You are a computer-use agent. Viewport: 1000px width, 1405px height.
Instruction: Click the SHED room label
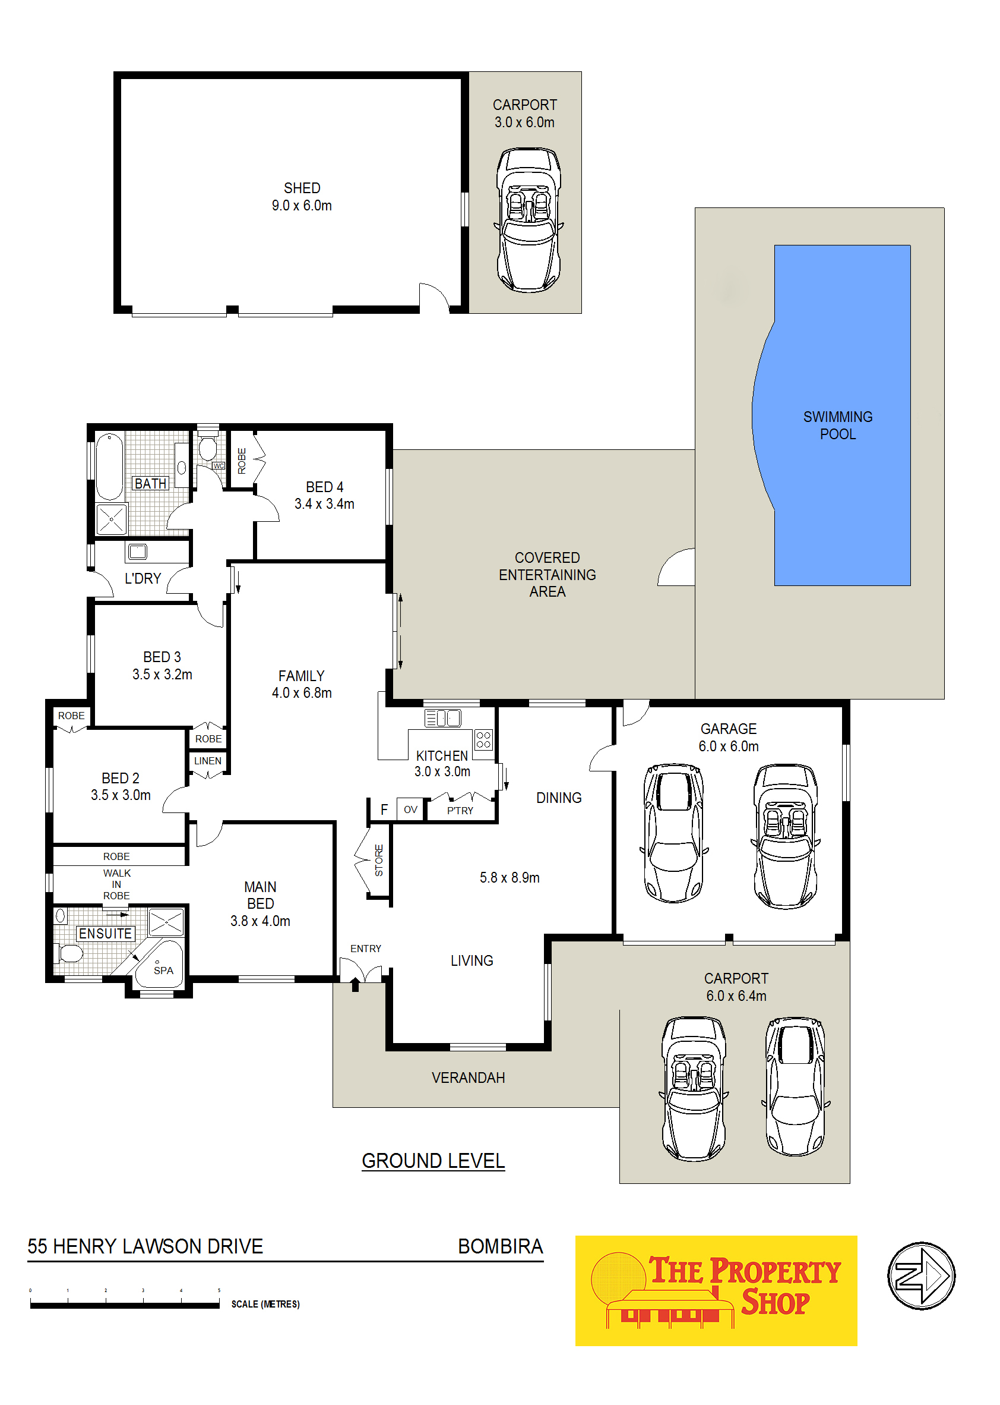pos(302,188)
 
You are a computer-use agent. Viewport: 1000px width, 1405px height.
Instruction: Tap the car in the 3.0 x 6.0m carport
pos(529,219)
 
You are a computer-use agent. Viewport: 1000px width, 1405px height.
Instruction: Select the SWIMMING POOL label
pos(838,425)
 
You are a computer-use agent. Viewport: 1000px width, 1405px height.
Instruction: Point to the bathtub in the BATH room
pos(110,466)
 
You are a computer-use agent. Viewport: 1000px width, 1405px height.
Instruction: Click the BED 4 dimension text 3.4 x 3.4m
pos(324,504)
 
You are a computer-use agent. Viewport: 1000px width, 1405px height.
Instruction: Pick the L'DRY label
pos(143,579)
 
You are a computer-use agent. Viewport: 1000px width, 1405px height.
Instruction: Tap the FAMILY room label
pos(301,676)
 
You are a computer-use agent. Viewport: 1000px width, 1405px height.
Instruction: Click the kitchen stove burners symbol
pos(483,739)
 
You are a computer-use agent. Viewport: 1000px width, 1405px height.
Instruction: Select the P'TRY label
pos(460,811)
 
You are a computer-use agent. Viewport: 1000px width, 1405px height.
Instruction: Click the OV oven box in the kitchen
pos(411,809)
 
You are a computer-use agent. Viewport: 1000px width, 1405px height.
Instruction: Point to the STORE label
pos(379,860)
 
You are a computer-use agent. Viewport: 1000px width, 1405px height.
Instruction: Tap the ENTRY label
pos(366,949)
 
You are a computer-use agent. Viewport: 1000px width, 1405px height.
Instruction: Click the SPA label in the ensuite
pos(163,971)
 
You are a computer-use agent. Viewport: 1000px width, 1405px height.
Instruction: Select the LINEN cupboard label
pos(207,761)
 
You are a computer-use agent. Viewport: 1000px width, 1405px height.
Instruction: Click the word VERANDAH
pos(468,1078)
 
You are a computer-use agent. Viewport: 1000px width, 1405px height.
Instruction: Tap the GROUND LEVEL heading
pos(433,1161)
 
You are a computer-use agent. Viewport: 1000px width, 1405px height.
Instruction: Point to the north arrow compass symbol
pos(920,1275)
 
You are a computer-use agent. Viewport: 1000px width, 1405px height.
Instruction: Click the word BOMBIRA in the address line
pos(500,1247)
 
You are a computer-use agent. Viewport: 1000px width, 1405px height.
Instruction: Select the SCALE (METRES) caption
pos(265,1305)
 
